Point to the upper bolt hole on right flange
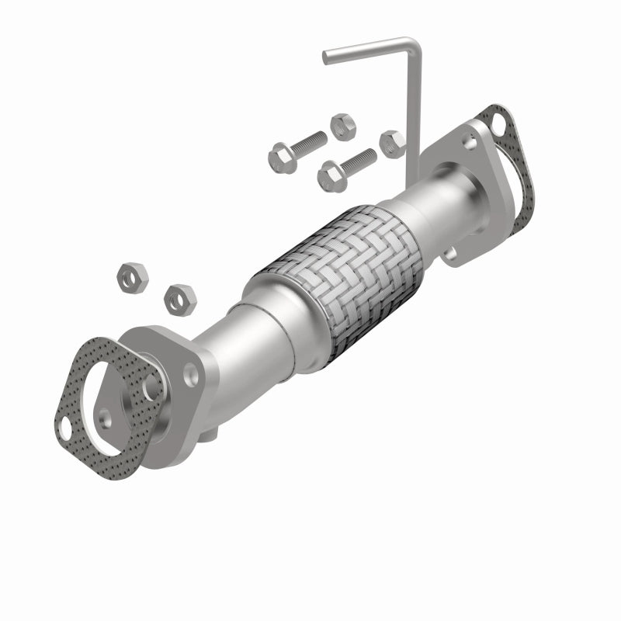tap(469, 141)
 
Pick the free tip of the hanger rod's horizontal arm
tap(327, 55)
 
